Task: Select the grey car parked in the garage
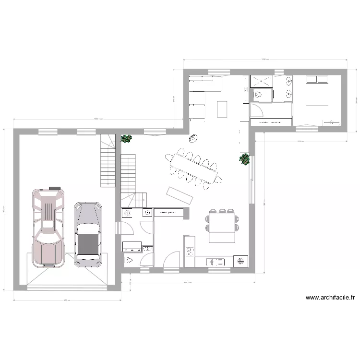(x=87, y=234)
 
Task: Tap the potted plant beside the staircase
(x=126, y=139)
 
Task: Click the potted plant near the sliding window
(x=245, y=159)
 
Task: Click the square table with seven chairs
(x=221, y=222)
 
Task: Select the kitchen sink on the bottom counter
(x=215, y=262)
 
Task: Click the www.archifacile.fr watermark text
(x=330, y=298)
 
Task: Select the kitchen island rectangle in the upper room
(x=222, y=108)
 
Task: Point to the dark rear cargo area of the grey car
(x=87, y=244)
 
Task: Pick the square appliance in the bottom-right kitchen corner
(x=240, y=261)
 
